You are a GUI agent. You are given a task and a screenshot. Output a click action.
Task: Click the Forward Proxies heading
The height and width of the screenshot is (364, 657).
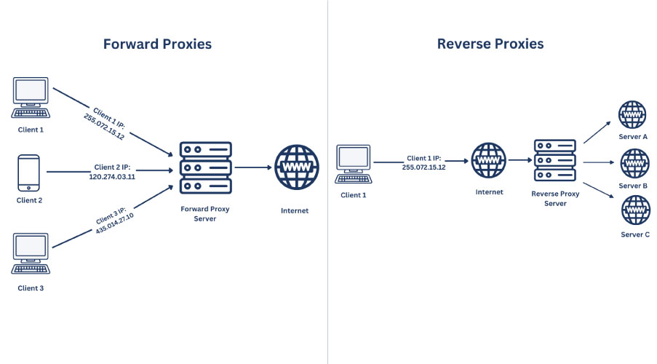pos(157,44)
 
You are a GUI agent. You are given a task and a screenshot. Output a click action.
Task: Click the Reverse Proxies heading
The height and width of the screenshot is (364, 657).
pos(490,44)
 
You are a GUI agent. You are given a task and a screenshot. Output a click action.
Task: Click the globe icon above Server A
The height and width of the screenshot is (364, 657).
pos(632,115)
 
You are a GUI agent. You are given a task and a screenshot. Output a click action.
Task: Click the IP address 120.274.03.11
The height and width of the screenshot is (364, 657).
pos(116,176)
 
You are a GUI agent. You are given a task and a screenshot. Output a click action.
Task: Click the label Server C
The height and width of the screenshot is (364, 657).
pos(634,234)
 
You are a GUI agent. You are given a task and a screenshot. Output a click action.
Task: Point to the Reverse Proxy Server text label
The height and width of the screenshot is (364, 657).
pos(555,199)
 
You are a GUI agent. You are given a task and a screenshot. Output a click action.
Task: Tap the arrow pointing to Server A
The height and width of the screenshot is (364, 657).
pos(599,132)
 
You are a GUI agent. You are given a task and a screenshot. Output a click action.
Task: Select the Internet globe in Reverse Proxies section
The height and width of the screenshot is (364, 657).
pos(488,161)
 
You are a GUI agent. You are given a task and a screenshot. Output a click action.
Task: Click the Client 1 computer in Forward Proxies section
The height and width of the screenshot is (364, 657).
pos(31,98)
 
